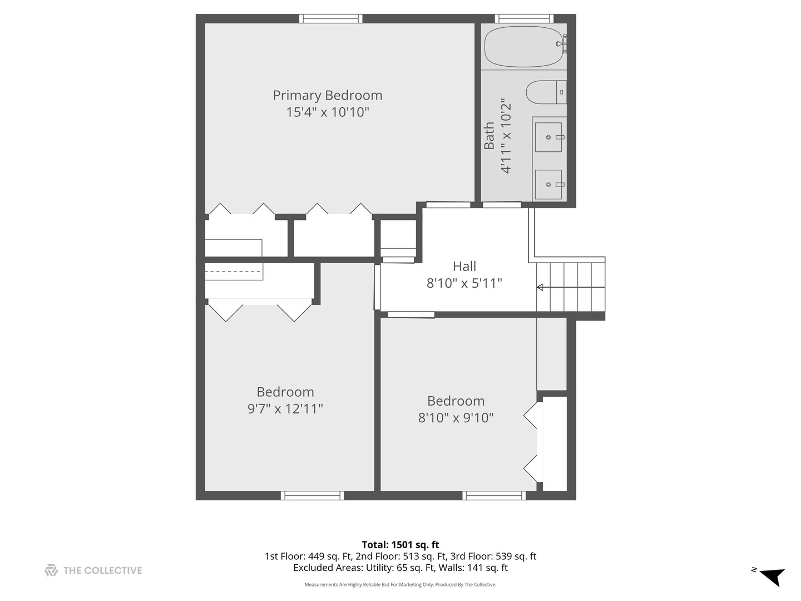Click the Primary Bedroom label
327,95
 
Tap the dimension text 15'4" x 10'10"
327,112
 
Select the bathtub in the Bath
523,47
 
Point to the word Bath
489,136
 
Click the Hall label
464,266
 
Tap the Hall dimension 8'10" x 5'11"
464,283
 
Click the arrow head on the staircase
540,287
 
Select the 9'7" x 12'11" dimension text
285,409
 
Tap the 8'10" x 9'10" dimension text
456,418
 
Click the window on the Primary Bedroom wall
330,18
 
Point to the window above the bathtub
523,18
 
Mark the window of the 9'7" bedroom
312,495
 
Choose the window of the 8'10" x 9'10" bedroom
493,495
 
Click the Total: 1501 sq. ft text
400,545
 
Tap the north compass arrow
772,576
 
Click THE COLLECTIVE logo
93,570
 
